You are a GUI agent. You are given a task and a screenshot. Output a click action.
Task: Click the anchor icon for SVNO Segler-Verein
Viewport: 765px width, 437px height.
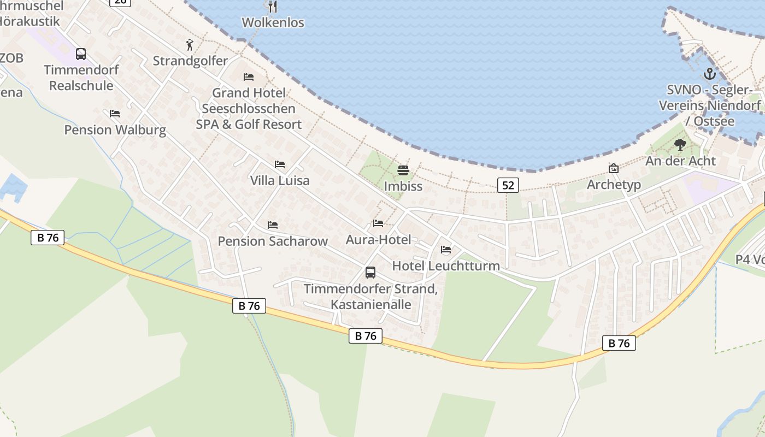click(x=709, y=73)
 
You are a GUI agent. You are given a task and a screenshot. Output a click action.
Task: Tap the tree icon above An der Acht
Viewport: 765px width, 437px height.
click(x=680, y=145)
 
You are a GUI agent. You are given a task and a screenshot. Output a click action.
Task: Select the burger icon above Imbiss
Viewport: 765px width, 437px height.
click(x=403, y=170)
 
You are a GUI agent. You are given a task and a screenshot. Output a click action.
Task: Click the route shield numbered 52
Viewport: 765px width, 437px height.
click(x=508, y=185)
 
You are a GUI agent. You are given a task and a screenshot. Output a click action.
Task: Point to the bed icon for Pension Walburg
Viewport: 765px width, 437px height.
click(x=115, y=114)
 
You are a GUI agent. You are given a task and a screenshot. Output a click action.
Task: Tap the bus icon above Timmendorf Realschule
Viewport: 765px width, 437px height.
click(x=81, y=54)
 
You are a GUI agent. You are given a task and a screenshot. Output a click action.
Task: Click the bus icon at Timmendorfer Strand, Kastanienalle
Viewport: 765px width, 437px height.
click(x=370, y=272)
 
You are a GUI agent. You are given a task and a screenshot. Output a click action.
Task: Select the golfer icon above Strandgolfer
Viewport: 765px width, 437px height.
click(x=190, y=45)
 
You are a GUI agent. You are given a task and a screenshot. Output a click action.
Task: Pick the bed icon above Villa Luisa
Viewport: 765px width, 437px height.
click(x=280, y=164)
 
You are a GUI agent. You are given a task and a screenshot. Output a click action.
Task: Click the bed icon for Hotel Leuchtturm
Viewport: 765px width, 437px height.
click(x=446, y=250)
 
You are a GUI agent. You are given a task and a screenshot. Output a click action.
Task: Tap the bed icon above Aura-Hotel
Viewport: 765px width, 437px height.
click(x=378, y=223)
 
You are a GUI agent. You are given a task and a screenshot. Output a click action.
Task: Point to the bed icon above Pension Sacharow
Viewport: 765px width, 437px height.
click(x=273, y=225)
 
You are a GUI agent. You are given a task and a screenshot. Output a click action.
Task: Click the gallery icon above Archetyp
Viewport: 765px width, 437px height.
click(x=614, y=168)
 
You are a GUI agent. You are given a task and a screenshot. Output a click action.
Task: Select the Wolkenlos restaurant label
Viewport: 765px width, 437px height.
click(x=273, y=22)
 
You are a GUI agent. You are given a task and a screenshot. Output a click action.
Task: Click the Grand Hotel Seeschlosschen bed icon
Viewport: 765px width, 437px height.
click(x=249, y=76)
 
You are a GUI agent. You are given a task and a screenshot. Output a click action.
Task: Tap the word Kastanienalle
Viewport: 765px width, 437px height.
click(x=371, y=304)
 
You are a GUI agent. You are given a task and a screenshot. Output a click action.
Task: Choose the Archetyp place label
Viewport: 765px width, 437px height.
click(x=614, y=185)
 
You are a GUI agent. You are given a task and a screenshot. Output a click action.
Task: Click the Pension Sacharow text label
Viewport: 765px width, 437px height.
click(x=273, y=241)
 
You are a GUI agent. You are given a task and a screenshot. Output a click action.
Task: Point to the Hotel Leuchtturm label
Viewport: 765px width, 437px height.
click(x=446, y=266)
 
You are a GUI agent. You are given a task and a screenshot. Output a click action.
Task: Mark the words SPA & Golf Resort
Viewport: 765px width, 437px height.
click(x=249, y=124)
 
